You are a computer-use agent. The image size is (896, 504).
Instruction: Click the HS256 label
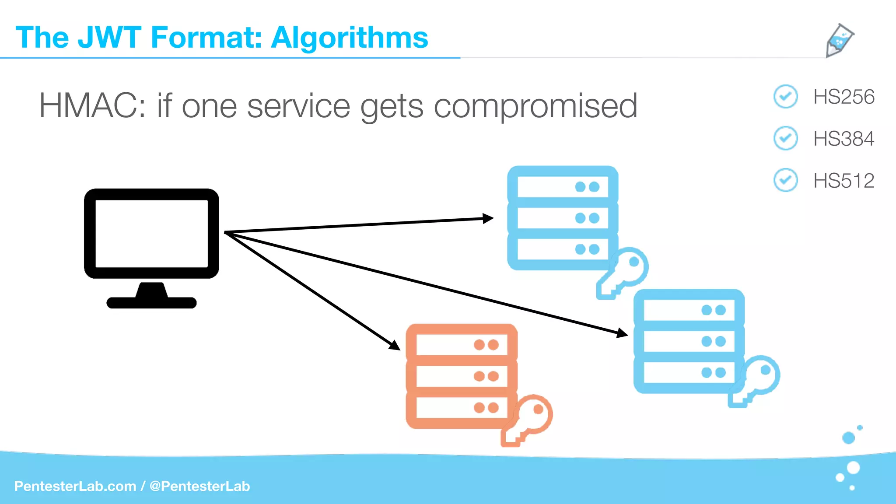coord(843,97)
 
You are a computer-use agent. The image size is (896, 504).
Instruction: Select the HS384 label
coord(843,139)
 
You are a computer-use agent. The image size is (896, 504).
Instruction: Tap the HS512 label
coord(843,181)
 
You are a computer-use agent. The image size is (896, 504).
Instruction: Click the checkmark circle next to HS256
coord(786,96)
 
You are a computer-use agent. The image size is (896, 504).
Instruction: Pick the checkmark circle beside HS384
coord(786,138)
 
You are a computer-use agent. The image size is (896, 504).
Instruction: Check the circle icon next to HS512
coord(786,180)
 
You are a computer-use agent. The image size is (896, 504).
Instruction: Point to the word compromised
coord(535,107)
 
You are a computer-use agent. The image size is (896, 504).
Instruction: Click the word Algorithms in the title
coord(349,38)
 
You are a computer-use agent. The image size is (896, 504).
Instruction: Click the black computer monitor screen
coord(151,233)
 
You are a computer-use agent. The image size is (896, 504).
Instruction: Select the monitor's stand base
coord(151,302)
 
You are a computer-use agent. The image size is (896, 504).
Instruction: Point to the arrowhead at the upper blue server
coord(488,218)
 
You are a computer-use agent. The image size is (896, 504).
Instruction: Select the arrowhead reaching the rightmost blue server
coord(622,333)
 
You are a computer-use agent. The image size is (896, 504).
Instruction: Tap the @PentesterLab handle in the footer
coord(199,486)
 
